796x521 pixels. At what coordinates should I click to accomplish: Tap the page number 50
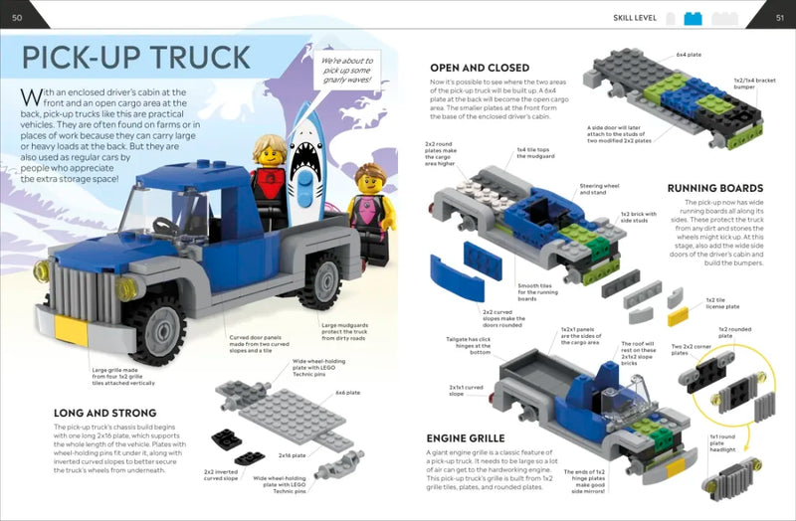pyautogui.click(x=17, y=16)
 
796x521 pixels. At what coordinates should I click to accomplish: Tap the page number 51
pyautogui.click(x=779, y=16)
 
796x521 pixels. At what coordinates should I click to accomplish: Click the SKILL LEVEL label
pyautogui.click(x=633, y=17)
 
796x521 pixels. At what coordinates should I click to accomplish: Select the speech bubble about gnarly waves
pyautogui.click(x=347, y=76)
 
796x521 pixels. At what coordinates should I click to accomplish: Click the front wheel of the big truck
pyautogui.click(x=154, y=326)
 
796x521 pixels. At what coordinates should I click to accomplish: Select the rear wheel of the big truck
pyautogui.click(x=321, y=280)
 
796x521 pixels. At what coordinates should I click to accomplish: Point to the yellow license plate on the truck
pyautogui.click(x=72, y=329)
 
